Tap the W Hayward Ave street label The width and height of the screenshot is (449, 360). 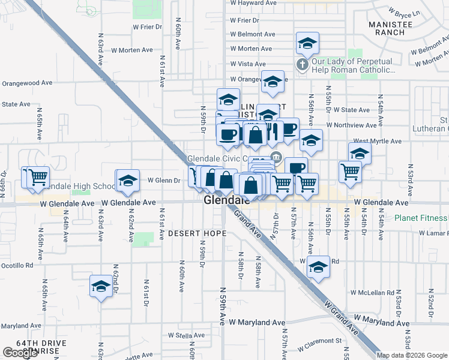[253, 3]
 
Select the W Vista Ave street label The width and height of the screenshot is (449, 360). [247, 64]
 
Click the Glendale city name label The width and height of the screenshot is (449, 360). [227, 200]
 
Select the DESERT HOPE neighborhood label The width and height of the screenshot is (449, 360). [197, 233]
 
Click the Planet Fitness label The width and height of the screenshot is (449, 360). [421, 218]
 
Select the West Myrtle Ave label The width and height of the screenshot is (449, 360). [377, 142]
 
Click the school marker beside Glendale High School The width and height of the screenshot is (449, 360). [127, 182]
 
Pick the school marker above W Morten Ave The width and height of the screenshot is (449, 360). [307, 43]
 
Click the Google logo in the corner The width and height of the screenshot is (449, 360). [20, 353]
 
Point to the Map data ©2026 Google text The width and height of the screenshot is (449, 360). [412, 355]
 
